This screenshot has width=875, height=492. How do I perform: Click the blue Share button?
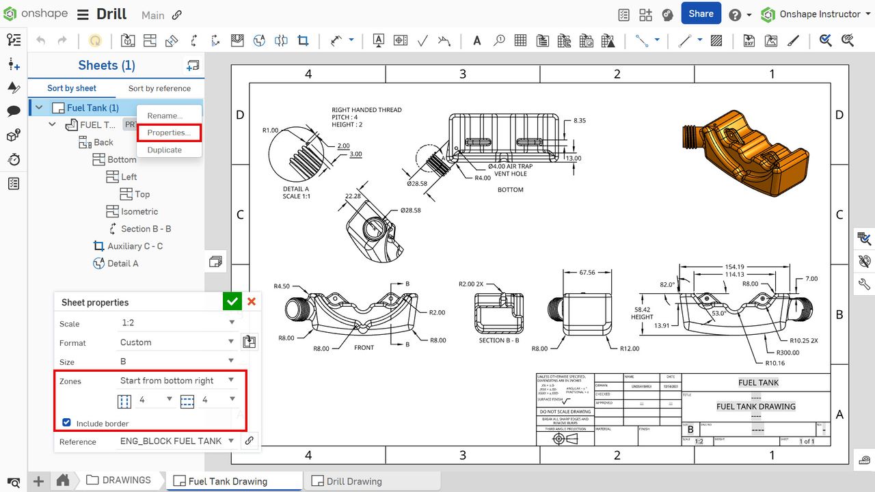click(x=701, y=14)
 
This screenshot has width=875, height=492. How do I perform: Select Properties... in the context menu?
click(x=169, y=133)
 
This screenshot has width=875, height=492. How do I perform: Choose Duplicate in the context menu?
click(x=165, y=150)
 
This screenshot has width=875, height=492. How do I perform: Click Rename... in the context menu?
click(x=165, y=115)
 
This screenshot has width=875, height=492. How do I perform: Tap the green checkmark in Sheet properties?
click(x=232, y=301)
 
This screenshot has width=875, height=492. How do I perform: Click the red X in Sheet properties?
click(x=252, y=301)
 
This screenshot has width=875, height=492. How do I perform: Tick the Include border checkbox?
click(x=67, y=423)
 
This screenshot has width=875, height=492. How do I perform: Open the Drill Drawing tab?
click(x=353, y=481)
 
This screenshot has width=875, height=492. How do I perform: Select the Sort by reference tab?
click(x=159, y=88)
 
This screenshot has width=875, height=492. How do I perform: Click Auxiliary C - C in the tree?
click(x=135, y=246)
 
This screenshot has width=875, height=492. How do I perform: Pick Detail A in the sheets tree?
click(x=122, y=263)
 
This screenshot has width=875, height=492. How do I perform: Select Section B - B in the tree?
click(x=146, y=229)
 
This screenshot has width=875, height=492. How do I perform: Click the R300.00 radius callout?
click(x=784, y=353)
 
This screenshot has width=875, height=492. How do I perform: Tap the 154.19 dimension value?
click(x=735, y=266)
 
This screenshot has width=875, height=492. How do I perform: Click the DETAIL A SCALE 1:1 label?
click(x=296, y=193)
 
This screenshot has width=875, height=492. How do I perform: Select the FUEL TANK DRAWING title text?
click(x=755, y=407)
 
